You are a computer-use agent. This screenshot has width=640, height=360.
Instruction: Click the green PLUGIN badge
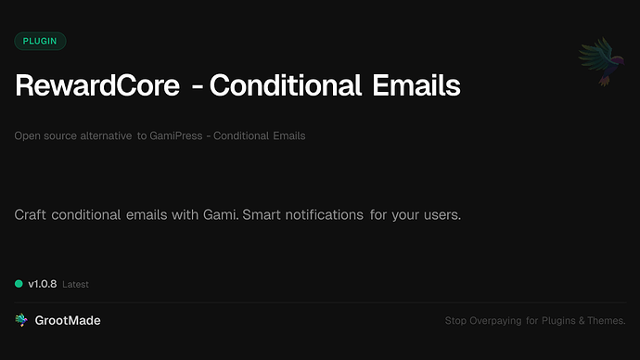tap(40, 41)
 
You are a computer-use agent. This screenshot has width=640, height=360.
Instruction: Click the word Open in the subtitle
tap(26, 136)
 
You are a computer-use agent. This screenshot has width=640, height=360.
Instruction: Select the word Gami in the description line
tap(211, 215)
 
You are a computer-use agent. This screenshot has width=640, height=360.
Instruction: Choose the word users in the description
tap(440, 215)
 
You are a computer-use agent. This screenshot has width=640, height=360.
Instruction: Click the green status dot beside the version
tap(19, 284)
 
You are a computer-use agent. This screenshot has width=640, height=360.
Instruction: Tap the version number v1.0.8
tap(42, 284)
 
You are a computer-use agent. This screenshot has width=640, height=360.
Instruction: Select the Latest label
tap(75, 285)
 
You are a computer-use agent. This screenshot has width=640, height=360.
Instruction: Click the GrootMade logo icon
tap(21, 320)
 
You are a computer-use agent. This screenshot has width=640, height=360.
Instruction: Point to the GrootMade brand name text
tap(68, 320)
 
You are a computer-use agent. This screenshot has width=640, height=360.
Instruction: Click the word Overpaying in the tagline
tap(493, 321)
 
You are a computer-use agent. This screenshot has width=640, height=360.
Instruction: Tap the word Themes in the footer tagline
tap(607, 321)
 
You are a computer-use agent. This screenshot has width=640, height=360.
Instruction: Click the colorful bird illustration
tap(599, 62)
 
